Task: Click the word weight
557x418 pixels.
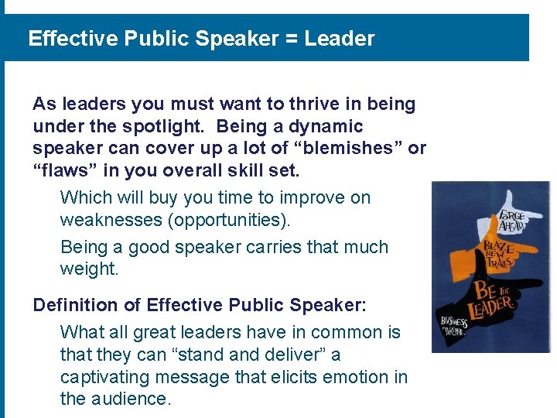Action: pos(89,269)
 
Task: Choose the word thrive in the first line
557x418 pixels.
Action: pos(299,104)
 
